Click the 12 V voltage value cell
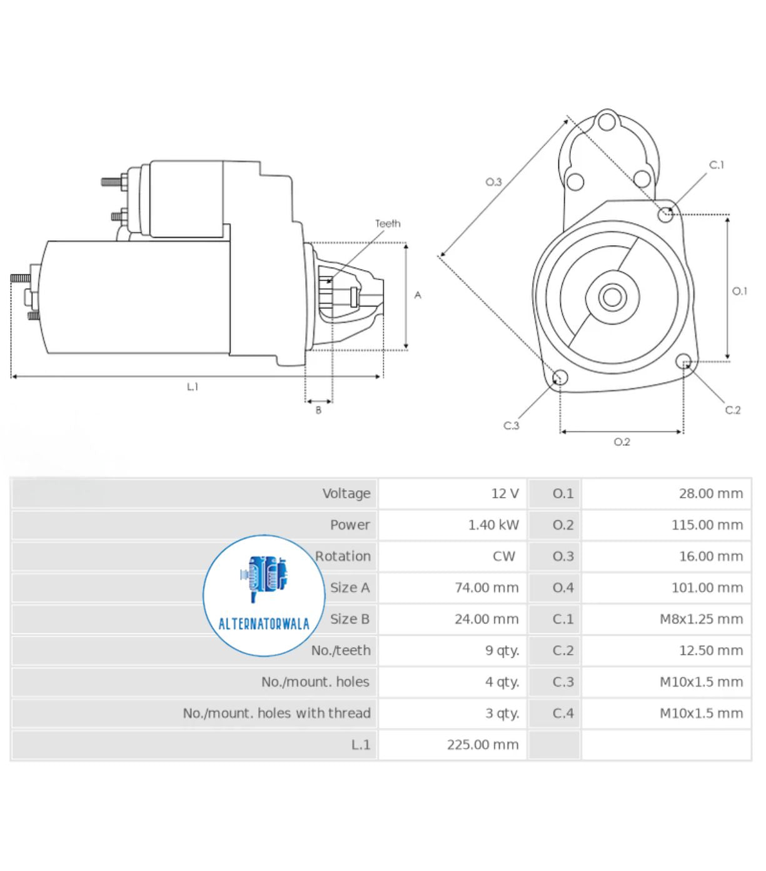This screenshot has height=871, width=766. [505, 493]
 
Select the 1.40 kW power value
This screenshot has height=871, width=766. [493, 525]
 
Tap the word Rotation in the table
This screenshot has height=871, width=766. [343, 556]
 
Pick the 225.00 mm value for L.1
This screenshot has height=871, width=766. [482, 744]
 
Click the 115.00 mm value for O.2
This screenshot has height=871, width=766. [707, 525]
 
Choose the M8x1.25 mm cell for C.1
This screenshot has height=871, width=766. [701, 619]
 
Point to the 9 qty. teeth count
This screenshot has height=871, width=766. [502, 650]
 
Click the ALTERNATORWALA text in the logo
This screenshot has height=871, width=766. [264, 624]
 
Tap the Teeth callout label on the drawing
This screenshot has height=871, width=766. [388, 223]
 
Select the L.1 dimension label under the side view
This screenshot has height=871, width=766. [193, 386]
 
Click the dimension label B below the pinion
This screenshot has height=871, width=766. [318, 410]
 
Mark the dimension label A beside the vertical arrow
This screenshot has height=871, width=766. [418, 295]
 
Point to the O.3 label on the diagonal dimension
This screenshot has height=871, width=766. [493, 182]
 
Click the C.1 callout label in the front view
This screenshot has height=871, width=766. [716, 165]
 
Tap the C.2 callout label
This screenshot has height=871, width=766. [732, 410]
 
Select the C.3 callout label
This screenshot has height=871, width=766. [511, 425]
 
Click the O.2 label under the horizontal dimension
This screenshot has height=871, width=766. [622, 442]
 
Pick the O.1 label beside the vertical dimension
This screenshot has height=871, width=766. [739, 291]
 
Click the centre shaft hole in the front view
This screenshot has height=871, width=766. [612, 297]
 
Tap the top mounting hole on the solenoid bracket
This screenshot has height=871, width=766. [607, 121]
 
